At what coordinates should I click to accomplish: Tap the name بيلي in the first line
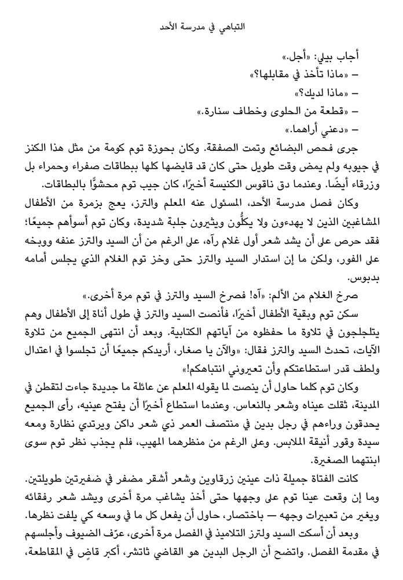(327, 57)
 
